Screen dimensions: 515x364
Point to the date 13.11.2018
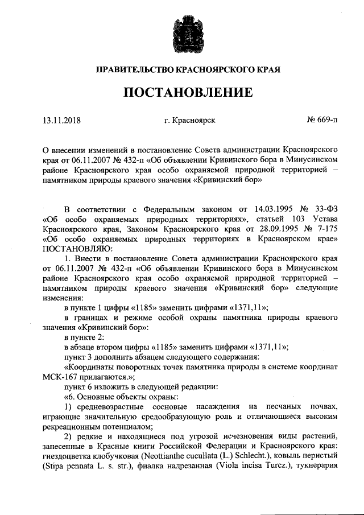[62, 120]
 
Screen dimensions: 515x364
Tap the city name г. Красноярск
[181, 120]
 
